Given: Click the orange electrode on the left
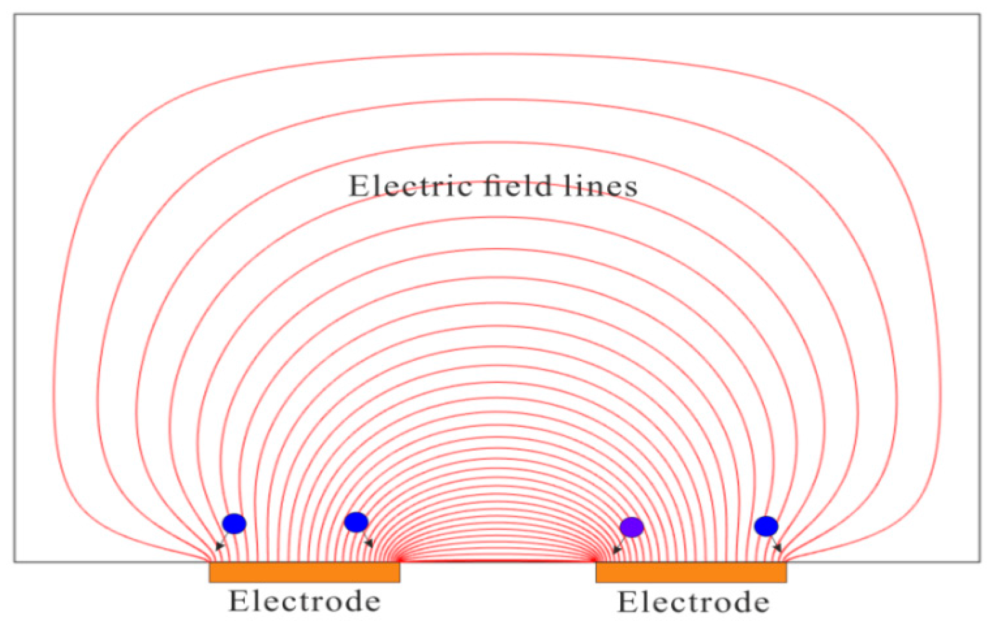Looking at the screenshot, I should [304, 572].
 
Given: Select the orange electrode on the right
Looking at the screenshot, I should [691, 572].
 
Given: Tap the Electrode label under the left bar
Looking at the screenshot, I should [305, 601].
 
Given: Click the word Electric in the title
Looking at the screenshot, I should [411, 186].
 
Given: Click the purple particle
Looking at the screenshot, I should [632, 527].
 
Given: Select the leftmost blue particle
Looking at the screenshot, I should [234, 524].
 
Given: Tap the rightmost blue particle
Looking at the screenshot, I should [766, 526].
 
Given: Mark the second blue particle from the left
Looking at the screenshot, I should [356, 522].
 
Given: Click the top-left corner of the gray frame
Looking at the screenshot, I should [14, 14].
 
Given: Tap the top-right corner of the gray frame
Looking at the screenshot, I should [980, 14].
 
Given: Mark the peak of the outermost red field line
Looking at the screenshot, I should [496, 54].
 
